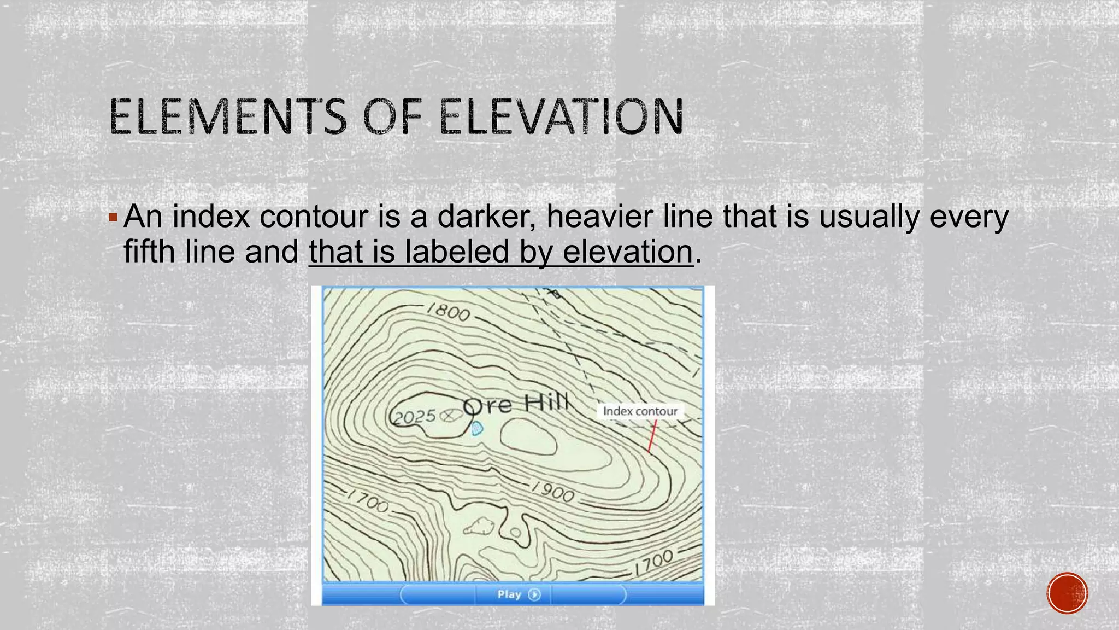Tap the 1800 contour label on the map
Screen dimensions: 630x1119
coord(448,312)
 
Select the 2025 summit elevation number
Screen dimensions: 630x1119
coord(415,417)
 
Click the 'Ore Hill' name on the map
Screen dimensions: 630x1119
coord(516,404)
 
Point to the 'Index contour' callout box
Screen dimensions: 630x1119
coord(640,411)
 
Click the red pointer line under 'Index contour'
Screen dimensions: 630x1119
coord(652,436)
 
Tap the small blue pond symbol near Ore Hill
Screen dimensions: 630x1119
coord(477,429)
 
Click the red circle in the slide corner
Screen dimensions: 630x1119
coord(1067,593)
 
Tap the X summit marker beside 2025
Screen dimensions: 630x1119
coord(449,416)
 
